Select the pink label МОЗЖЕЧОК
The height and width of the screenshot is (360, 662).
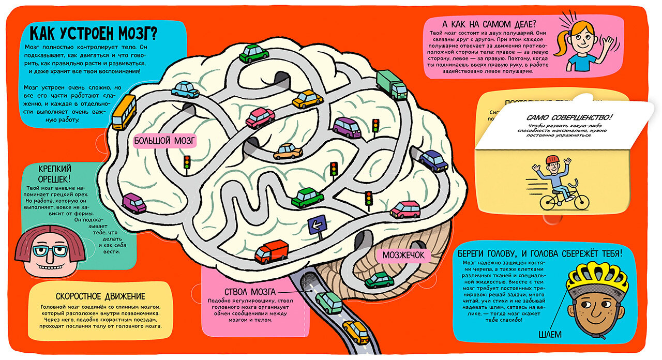pos(403,254)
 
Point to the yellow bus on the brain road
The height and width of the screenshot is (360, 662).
pos(124,111)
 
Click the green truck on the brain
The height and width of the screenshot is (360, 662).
pos(392,84)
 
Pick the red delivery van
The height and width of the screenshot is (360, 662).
pos(271,252)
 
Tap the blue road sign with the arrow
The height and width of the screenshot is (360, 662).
pos(317,225)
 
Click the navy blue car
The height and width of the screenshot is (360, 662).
pos(433,160)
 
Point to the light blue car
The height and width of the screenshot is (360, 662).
pos(185,89)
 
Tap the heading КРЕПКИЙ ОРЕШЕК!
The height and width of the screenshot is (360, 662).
pos(55,173)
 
